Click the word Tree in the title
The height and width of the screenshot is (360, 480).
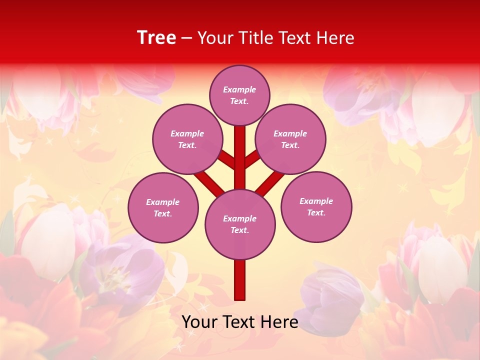click(156, 38)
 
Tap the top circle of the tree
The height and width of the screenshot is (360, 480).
click(239, 95)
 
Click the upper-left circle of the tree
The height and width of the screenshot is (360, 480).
click(187, 139)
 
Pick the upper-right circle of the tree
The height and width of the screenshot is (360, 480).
click(290, 139)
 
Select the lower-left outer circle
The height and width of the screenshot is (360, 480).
click(163, 207)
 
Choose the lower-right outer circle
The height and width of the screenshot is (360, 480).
click(316, 206)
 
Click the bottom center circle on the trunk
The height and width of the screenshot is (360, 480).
click(240, 224)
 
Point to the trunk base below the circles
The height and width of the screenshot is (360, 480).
click(240, 280)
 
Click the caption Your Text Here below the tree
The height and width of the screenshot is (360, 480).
click(240, 322)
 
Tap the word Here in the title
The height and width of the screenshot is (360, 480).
click(337, 38)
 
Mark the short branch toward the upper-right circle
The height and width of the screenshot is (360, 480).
click(252, 158)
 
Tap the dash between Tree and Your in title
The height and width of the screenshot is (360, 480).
click(186, 38)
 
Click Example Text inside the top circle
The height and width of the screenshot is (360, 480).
click(239, 95)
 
